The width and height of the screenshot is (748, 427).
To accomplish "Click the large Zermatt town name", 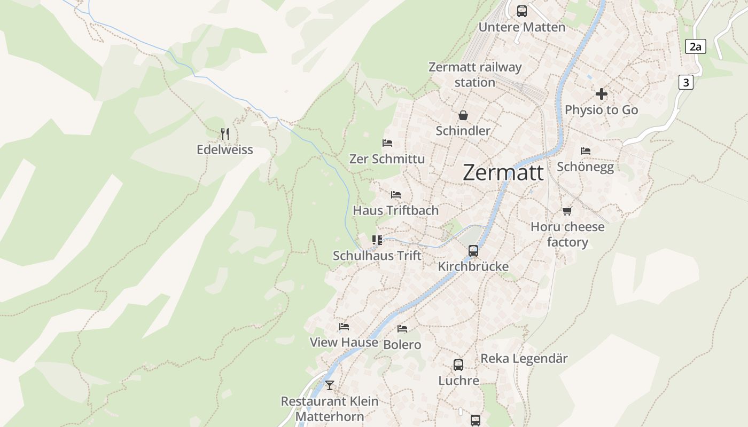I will pyautogui.click(x=503, y=172).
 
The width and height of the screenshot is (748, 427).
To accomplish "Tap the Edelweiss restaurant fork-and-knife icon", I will pyautogui.click(x=225, y=133).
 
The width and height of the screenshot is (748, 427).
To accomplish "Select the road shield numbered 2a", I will pyautogui.click(x=695, y=46).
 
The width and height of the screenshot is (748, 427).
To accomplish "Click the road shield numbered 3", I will pyautogui.click(x=686, y=82).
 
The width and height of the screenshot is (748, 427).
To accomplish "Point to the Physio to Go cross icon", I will pyautogui.click(x=602, y=94).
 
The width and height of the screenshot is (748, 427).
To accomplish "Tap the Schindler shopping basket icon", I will pyautogui.click(x=463, y=115).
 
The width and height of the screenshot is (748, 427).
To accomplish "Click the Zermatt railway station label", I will pyautogui.click(x=475, y=75).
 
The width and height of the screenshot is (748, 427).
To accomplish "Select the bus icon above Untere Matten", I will pyautogui.click(x=522, y=11).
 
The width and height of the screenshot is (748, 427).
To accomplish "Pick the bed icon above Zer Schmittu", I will pyautogui.click(x=387, y=143).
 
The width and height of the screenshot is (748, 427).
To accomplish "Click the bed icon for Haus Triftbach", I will pyautogui.click(x=395, y=195).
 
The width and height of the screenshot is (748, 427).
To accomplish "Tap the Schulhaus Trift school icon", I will pyautogui.click(x=377, y=240).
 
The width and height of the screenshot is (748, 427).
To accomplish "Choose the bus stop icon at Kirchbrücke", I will pyautogui.click(x=473, y=250).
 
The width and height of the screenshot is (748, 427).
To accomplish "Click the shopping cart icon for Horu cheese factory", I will pyautogui.click(x=567, y=211).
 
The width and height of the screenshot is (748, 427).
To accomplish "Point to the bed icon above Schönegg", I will pyautogui.click(x=586, y=151).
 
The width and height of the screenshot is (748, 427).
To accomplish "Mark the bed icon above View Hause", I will pyautogui.click(x=344, y=327).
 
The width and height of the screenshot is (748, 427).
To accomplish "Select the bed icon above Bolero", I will pyautogui.click(x=402, y=329).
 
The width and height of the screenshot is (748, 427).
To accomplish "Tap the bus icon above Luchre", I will pyautogui.click(x=458, y=365).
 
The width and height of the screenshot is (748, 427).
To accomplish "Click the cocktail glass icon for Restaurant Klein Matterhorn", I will pyautogui.click(x=330, y=385).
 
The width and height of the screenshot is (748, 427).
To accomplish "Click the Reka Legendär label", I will pyautogui.click(x=524, y=358).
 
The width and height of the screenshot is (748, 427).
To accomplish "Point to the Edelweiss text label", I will pyautogui.click(x=225, y=149).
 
